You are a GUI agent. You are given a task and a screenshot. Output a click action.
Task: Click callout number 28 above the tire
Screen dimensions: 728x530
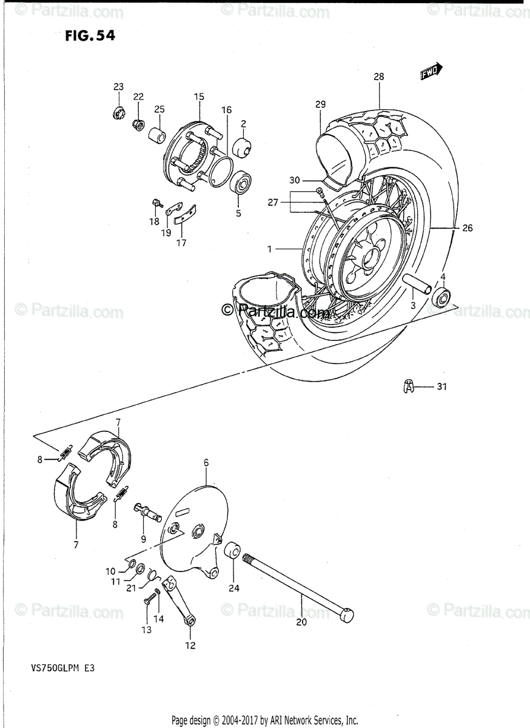tap(379, 77)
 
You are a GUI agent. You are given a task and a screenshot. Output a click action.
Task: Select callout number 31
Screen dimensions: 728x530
tap(441, 386)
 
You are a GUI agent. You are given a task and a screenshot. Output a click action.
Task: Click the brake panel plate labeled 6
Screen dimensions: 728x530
tap(194, 528)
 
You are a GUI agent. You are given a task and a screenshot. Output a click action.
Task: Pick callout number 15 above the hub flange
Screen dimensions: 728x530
tap(199, 96)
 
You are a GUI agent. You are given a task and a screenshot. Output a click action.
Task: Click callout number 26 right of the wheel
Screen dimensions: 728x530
tap(467, 229)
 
